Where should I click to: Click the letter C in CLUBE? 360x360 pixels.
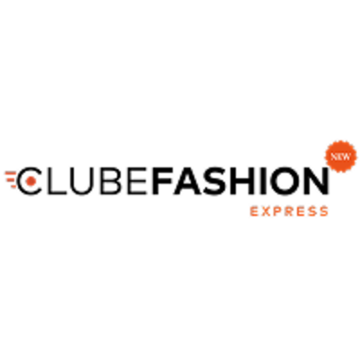pyautogui.click(x=22, y=180)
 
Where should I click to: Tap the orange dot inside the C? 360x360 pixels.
pyautogui.click(x=31, y=180)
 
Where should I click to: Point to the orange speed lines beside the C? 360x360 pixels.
pyautogui.click(x=11, y=179)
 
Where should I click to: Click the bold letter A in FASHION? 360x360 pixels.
pyautogui.click(x=186, y=180)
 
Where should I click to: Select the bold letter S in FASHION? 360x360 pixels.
pyautogui.click(x=214, y=180)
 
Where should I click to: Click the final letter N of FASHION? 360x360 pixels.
pyautogui.click(x=317, y=180)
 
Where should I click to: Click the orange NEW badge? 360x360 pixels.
pyautogui.click(x=341, y=157)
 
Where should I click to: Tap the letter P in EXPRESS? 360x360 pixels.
pyautogui.click(x=278, y=211)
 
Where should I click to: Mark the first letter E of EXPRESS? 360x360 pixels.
pyautogui.click(x=255, y=211)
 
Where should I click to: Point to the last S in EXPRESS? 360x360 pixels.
pyautogui.click(x=324, y=211)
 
